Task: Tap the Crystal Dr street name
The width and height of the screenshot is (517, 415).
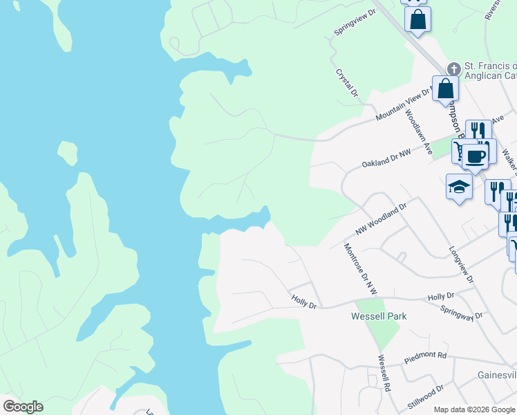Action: click(x=347, y=82)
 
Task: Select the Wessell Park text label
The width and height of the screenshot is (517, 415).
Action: click(x=379, y=316)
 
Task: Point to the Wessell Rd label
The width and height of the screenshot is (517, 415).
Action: click(x=383, y=373)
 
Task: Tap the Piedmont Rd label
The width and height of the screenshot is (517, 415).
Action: click(x=426, y=358)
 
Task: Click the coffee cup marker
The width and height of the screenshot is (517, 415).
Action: click(x=475, y=155)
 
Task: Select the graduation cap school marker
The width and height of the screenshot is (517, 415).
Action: click(x=459, y=187)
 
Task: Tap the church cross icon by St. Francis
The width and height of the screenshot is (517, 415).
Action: click(x=453, y=68)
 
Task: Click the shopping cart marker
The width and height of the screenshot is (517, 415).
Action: click(x=460, y=150)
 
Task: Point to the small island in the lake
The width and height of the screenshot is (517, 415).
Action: click(x=67, y=151)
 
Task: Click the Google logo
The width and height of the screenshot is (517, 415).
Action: click(x=23, y=407)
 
